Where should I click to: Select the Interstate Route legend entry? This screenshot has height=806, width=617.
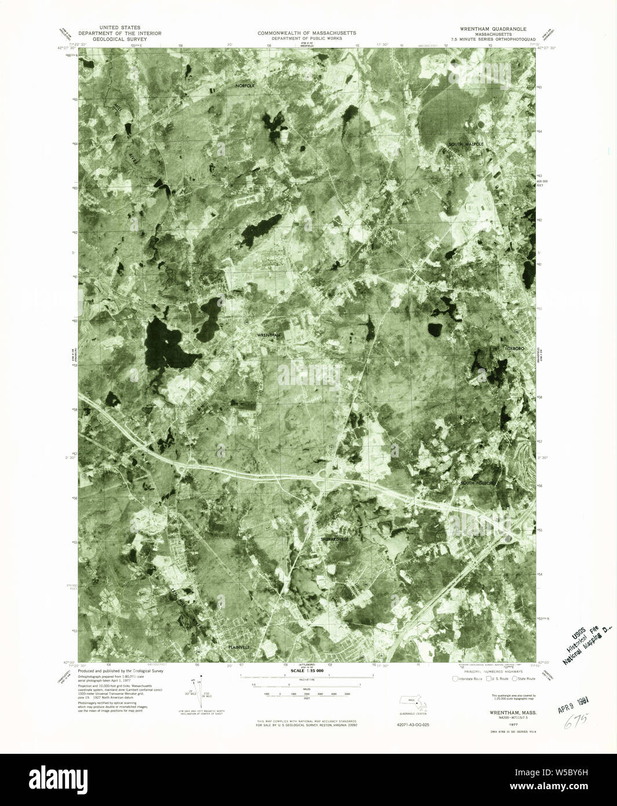[468, 678]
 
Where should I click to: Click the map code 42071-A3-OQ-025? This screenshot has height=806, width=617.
[414, 725]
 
